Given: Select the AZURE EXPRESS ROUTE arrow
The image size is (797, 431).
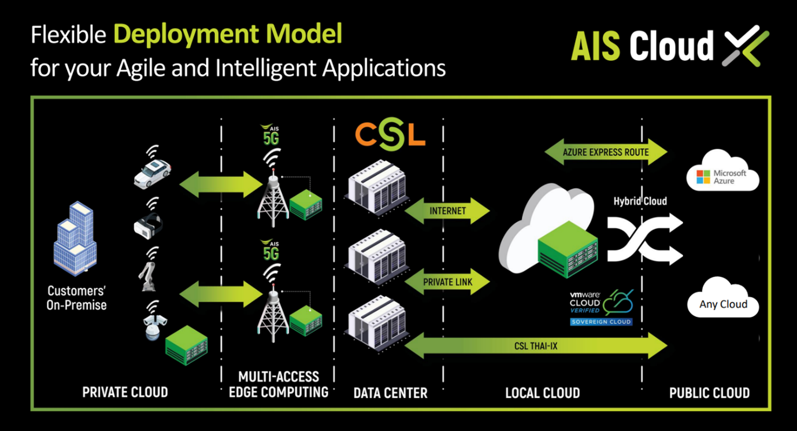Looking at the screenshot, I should point(606,153).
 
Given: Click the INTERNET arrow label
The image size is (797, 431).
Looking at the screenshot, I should point(447,211).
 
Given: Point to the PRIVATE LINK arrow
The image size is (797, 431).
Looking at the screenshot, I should point(447,282).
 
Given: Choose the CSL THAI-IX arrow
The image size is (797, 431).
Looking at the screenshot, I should point(536,347).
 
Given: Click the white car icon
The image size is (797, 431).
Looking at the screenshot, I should point(152,172).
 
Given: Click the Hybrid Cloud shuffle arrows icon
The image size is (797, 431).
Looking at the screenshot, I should point(644,238).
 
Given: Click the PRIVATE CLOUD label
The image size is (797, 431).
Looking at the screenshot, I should point(125,392).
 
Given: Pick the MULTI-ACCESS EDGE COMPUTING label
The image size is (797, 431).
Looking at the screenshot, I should point(278,384).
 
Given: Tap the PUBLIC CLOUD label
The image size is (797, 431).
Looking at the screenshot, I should point(709,393).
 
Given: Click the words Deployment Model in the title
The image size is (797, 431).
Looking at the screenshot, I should point(228,35).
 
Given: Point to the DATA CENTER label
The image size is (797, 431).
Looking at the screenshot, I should point(390,393).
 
